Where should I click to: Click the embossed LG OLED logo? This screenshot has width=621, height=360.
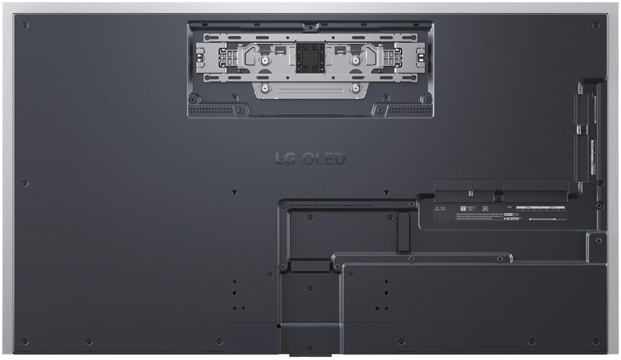[310, 159]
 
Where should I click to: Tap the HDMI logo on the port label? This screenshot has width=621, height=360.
[512, 218]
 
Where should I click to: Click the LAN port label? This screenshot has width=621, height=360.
[509, 207]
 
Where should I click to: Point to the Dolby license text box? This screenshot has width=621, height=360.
[479, 217]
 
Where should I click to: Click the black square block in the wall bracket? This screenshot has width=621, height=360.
[310, 57]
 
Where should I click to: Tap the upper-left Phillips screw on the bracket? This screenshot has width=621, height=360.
[265, 61]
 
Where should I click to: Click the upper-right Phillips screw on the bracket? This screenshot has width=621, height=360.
[355, 61]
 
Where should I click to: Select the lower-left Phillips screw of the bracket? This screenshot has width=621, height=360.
[265, 89]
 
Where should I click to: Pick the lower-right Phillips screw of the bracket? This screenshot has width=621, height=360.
[355, 89]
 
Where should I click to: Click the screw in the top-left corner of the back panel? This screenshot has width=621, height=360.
[25, 26]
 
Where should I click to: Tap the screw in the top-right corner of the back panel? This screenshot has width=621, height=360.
[595, 26]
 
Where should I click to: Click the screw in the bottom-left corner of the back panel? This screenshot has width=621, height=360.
[25, 342]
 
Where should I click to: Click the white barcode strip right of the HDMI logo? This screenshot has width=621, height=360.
[542, 219]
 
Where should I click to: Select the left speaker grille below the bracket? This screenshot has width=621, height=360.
[211, 110]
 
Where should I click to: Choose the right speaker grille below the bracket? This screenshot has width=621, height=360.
[409, 110]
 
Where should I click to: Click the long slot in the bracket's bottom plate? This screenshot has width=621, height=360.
[310, 91]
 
